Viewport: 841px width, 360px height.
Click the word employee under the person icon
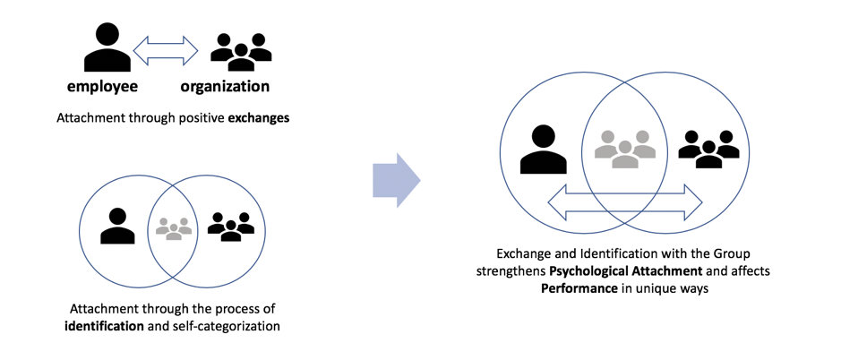[x=103, y=87]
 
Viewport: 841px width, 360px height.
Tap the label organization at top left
[x=225, y=87]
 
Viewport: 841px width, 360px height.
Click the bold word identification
[x=105, y=325]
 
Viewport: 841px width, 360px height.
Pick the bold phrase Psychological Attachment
[x=626, y=270]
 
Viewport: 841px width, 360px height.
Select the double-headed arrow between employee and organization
[x=166, y=50]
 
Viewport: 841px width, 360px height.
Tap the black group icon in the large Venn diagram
[x=708, y=148]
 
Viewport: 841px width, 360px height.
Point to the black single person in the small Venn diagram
[x=117, y=226]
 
